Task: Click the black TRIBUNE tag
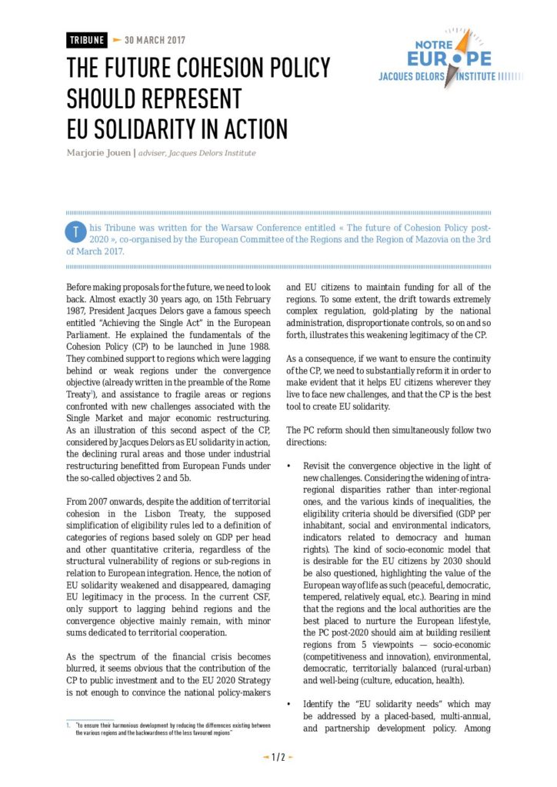pyautogui.click(x=86, y=40)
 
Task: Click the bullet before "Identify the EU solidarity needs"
pyautogui.click(x=288, y=704)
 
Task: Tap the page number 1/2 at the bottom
pyautogui.click(x=278, y=757)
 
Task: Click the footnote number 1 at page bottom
pyautogui.click(x=68, y=726)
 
